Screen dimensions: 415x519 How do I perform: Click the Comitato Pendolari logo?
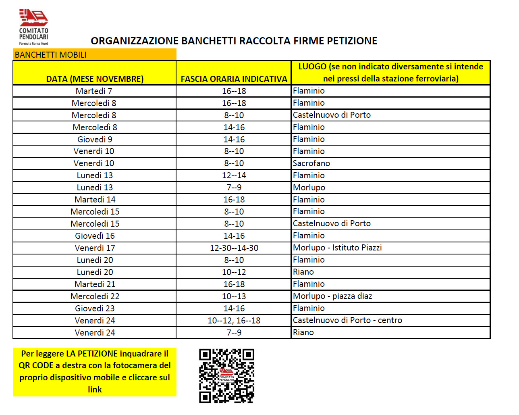pos(33,27)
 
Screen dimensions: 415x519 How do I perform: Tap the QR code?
pos(226,376)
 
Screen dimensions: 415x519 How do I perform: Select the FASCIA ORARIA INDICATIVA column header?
pos(234,79)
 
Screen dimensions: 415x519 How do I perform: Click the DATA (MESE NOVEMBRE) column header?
pos(95,79)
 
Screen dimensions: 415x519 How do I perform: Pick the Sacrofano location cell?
pos(311,163)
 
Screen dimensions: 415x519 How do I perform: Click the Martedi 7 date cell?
pos(94,91)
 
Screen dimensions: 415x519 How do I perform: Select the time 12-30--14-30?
pos(234,248)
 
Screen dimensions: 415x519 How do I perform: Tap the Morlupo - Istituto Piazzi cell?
pos(337,248)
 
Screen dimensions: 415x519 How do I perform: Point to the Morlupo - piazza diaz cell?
pos(332,296)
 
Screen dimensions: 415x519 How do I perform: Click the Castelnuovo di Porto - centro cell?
pos(347,320)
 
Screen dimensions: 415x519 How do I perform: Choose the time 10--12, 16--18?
pos(234,321)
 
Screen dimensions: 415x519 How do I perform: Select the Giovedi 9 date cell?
pos(95,140)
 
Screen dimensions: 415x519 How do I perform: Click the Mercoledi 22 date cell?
pos(95,296)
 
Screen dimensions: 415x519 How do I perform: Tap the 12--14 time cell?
pos(234,175)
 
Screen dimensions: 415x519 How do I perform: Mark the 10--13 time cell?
pos(234,296)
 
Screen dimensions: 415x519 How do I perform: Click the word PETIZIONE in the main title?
pos(352,41)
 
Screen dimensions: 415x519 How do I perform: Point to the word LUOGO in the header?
pos(312,67)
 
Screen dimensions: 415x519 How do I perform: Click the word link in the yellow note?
pos(95,390)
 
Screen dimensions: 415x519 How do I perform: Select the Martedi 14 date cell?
pos(95,200)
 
